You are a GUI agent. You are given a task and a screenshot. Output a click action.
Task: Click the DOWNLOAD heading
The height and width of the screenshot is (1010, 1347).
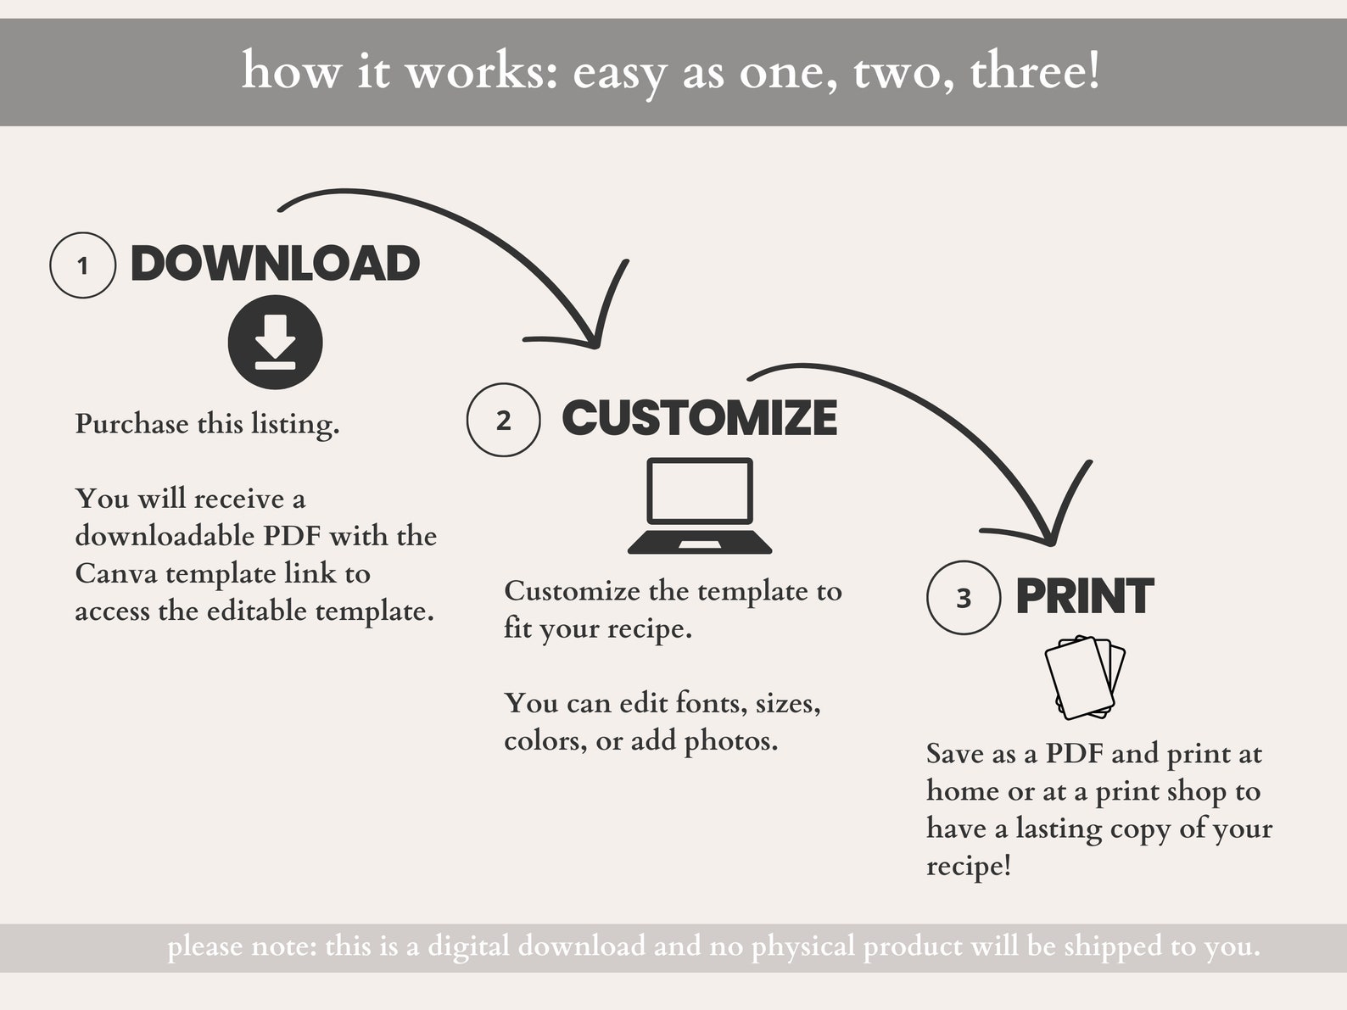(x=275, y=264)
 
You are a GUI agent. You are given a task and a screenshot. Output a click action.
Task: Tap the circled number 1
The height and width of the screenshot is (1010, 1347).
(x=82, y=265)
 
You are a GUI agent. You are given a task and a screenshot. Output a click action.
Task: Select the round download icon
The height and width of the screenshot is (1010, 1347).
(x=275, y=343)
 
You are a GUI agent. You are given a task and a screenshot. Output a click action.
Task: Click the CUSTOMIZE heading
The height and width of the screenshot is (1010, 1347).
(x=699, y=418)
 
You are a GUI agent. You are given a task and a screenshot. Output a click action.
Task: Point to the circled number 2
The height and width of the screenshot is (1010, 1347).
(x=503, y=420)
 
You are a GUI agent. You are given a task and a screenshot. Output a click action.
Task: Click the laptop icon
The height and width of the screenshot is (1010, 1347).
(x=699, y=506)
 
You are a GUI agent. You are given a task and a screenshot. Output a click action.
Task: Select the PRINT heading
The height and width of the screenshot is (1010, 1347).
(x=1084, y=596)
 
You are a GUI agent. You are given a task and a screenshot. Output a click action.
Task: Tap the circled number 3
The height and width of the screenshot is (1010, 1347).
(x=964, y=598)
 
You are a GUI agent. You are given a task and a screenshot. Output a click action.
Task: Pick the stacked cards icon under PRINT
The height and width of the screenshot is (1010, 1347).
(x=1085, y=677)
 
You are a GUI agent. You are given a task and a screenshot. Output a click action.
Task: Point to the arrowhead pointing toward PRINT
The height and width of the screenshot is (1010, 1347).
(x=1049, y=536)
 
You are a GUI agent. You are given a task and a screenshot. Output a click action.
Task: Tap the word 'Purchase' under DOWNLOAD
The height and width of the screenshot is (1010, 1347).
(x=131, y=423)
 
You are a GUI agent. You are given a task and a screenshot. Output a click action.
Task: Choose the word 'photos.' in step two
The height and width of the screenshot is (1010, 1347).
(x=731, y=741)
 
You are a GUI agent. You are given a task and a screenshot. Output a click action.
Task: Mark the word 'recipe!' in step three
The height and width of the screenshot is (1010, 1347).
(x=968, y=866)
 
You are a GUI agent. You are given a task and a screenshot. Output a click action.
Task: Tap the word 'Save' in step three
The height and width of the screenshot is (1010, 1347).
(x=954, y=753)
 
